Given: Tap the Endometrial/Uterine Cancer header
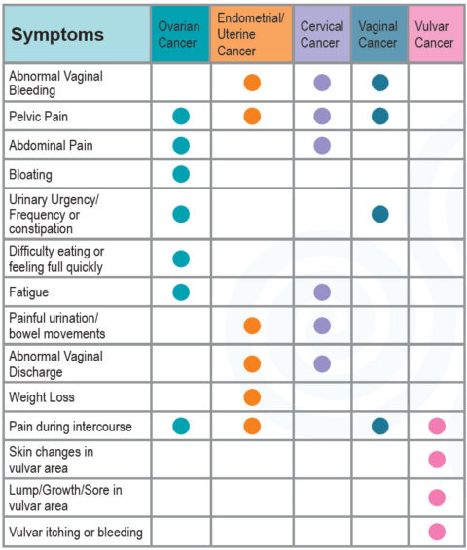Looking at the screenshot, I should coord(250,35).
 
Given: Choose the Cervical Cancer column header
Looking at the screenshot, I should coord(321,35).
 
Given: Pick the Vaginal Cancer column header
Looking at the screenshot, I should coord(378,35).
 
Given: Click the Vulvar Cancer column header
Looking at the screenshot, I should coord(436,35).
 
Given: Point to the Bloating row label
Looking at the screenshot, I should coord(31,175).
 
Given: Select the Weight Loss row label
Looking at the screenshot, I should coord(42,397).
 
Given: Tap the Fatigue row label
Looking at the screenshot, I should coord(29,292).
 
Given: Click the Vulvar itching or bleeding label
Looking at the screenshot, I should coord(76,532).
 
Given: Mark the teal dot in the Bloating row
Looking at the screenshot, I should coord(180,175).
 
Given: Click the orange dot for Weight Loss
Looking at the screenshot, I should coord(252,397).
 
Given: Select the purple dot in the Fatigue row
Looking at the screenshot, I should coord(322,292).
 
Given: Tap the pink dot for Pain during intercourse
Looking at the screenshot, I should coord(437,426).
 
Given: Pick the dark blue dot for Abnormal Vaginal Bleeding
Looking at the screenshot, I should coord(379,84).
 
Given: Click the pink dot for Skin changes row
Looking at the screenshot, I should coord(437,460).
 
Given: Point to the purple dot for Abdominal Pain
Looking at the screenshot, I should coord(322,146).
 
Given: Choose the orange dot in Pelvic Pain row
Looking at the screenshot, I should coord(252,117).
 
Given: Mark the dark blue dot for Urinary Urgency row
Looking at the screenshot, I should coord(379,214).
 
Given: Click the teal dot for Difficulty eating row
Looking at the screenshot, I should coord(180,258).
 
